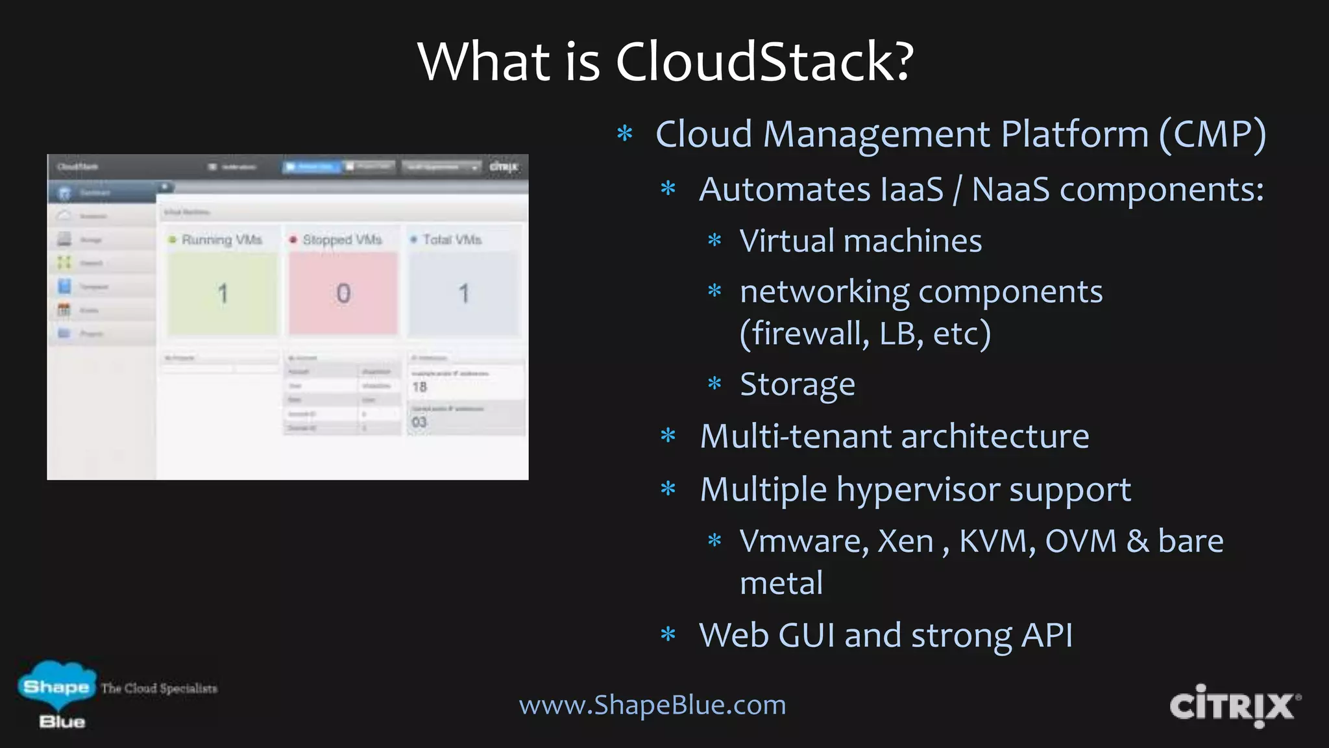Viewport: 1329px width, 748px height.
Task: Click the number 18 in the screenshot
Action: (420, 387)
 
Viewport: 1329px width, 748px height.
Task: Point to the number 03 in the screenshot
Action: (419, 422)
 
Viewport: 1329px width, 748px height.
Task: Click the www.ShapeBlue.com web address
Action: (652, 705)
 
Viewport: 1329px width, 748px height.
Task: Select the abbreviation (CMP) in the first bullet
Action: (1212, 135)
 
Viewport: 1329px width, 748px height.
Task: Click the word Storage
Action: (798, 384)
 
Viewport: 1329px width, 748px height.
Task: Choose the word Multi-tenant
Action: (795, 436)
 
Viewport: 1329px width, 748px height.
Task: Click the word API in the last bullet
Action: (1047, 635)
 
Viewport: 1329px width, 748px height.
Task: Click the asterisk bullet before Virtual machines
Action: (714, 241)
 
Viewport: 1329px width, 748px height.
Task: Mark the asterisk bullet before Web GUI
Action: (668, 634)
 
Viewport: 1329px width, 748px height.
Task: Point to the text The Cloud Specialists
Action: (159, 688)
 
